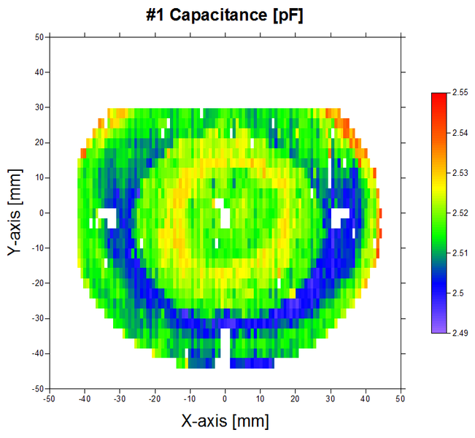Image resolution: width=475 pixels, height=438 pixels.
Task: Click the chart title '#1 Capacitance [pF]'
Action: click(x=225, y=14)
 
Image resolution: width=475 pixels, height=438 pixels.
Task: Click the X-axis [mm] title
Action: click(x=225, y=420)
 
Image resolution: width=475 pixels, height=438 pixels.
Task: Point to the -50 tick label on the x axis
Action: click(x=50, y=399)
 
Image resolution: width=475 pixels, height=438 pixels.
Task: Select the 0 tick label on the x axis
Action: click(x=225, y=399)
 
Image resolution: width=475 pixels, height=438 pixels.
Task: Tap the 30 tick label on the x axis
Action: click(x=330, y=399)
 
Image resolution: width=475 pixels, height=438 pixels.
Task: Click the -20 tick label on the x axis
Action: click(x=154, y=399)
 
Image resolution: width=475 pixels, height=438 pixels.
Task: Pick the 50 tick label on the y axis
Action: click(x=39, y=37)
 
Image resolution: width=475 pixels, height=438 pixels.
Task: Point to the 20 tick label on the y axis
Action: click(x=39, y=142)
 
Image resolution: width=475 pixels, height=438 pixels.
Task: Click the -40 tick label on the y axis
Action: click(x=38, y=353)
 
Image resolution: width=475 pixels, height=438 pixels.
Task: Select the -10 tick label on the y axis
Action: click(x=38, y=248)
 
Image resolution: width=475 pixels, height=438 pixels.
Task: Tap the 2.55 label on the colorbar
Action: click(x=460, y=93)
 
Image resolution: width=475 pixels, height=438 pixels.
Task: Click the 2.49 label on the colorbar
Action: click(x=460, y=333)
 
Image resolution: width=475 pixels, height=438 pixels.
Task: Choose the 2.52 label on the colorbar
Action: click(x=460, y=213)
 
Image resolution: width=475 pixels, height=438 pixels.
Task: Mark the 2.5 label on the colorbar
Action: click(x=458, y=293)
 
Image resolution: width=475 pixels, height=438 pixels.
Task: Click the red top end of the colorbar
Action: click(x=439, y=96)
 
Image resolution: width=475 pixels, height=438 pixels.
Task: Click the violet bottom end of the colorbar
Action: click(x=439, y=330)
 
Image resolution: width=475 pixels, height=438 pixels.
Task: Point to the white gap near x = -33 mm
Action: click(x=108, y=216)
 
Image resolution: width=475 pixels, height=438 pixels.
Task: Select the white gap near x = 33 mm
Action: click(x=340, y=216)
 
